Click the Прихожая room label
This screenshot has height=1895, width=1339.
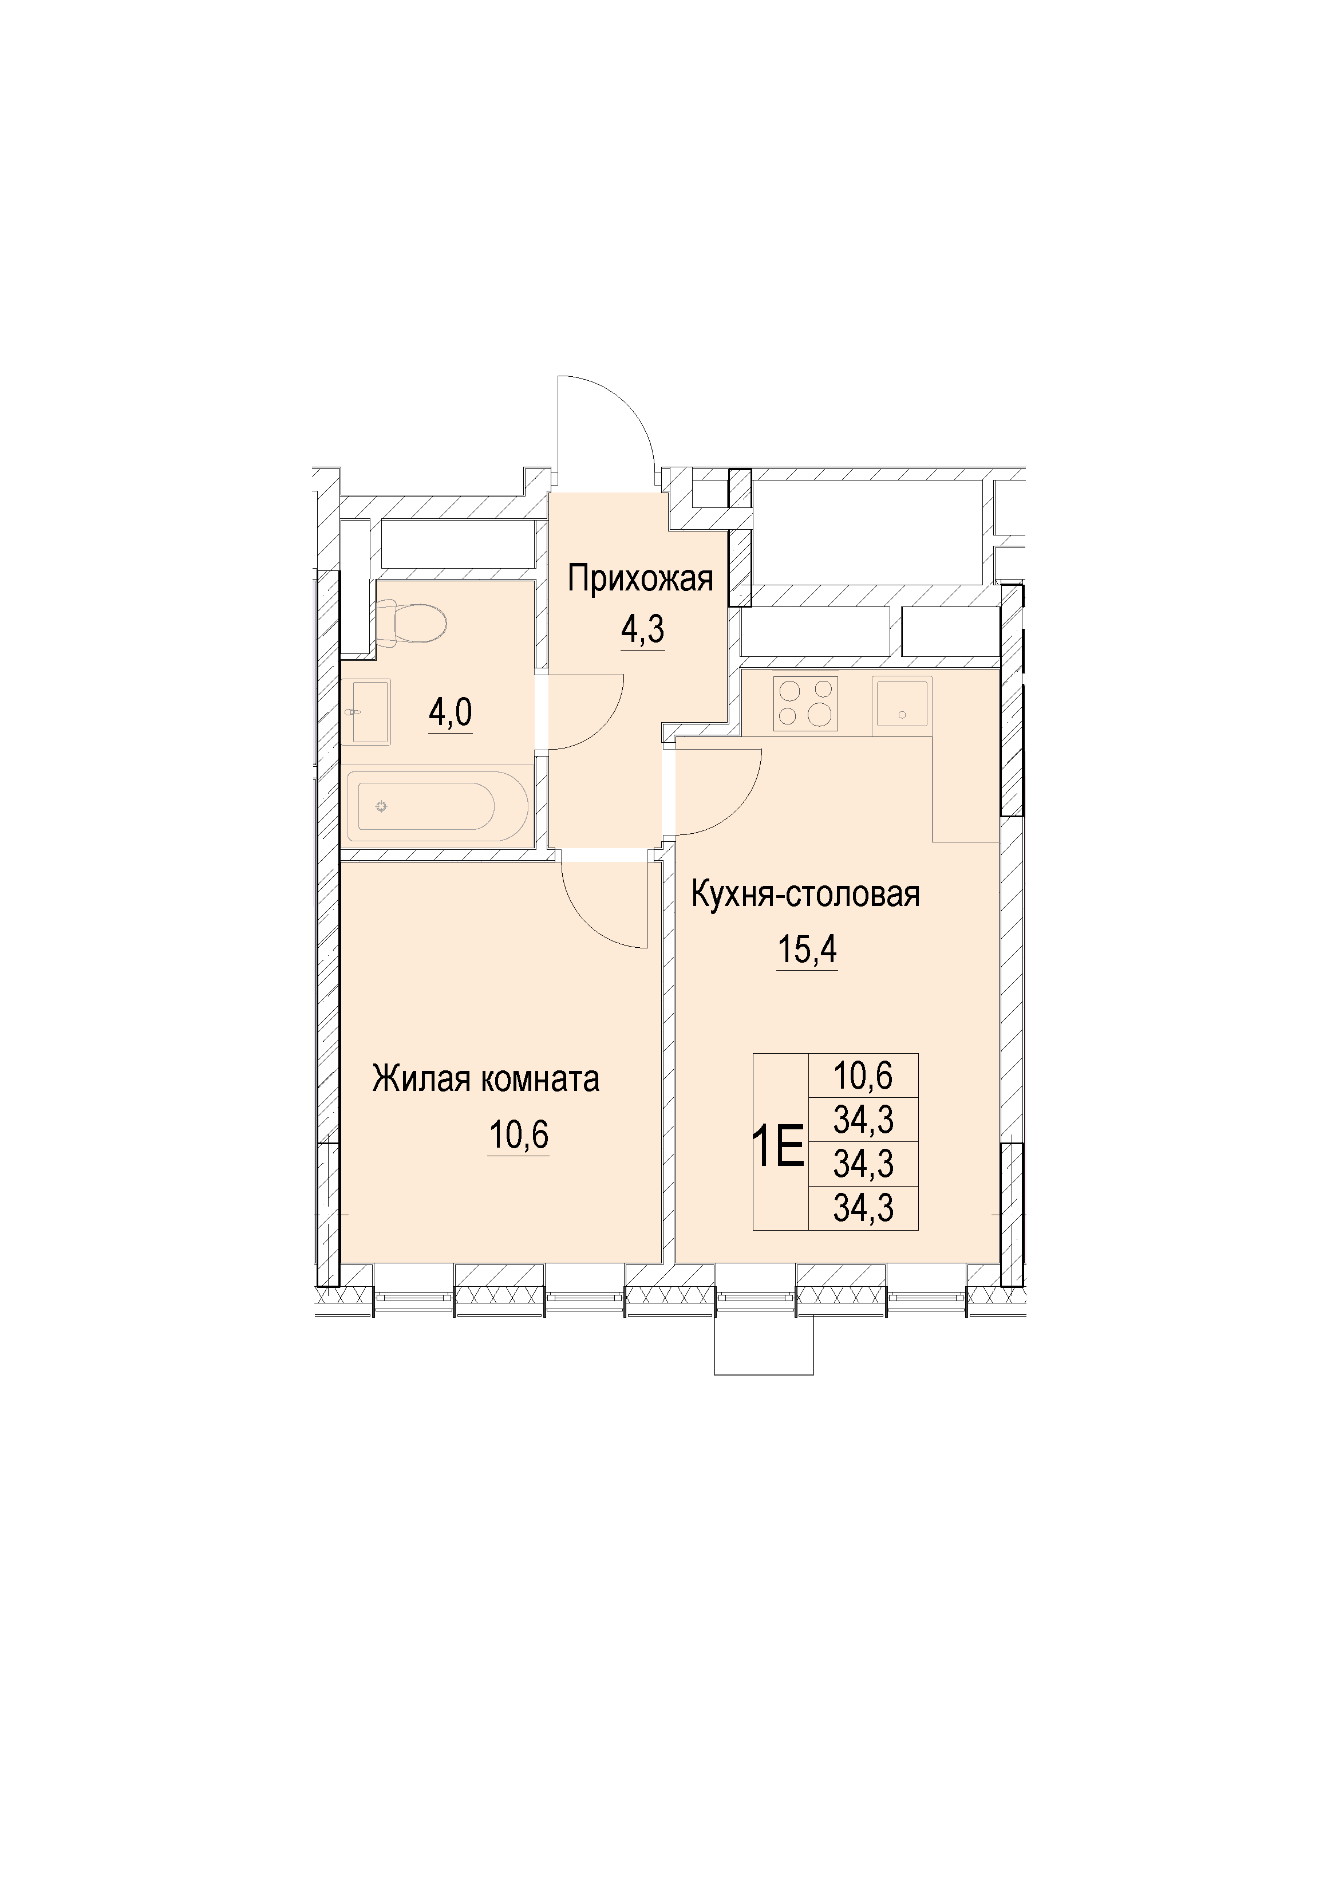click(x=639, y=580)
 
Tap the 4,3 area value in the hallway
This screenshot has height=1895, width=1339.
click(x=642, y=630)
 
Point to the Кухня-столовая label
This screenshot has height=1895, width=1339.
click(x=805, y=895)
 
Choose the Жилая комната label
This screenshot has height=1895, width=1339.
click(x=486, y=1080)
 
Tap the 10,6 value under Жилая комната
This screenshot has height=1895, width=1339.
click(x=518, y=1136)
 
